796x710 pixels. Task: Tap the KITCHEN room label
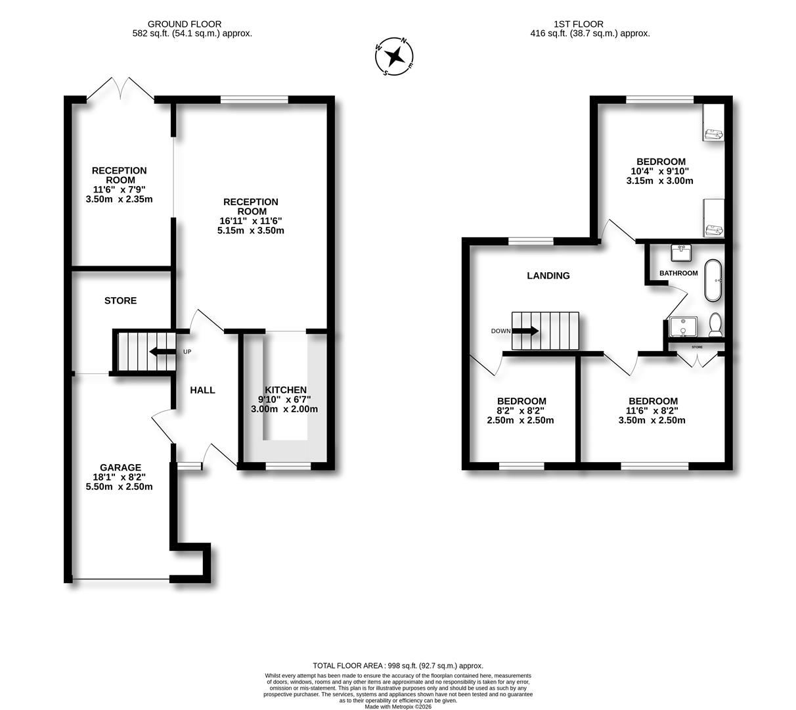(285, 390)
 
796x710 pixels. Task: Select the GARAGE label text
(120, 467)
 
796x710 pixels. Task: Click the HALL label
(202, 390)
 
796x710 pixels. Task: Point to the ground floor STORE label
(121, 300)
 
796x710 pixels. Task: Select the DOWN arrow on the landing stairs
(525, 331)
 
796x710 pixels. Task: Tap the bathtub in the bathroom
(713, 281)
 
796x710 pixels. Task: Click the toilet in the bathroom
(715, 324)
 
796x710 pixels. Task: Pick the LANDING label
(548, 275)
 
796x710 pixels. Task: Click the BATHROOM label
(678, 273)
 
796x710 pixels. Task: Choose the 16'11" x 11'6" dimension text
(250, 221)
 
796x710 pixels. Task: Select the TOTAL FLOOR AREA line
(398, 666)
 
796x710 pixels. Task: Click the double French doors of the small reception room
(120, 89)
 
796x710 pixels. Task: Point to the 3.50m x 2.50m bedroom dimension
(652, 421)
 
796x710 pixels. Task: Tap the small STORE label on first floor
(697, 346)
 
